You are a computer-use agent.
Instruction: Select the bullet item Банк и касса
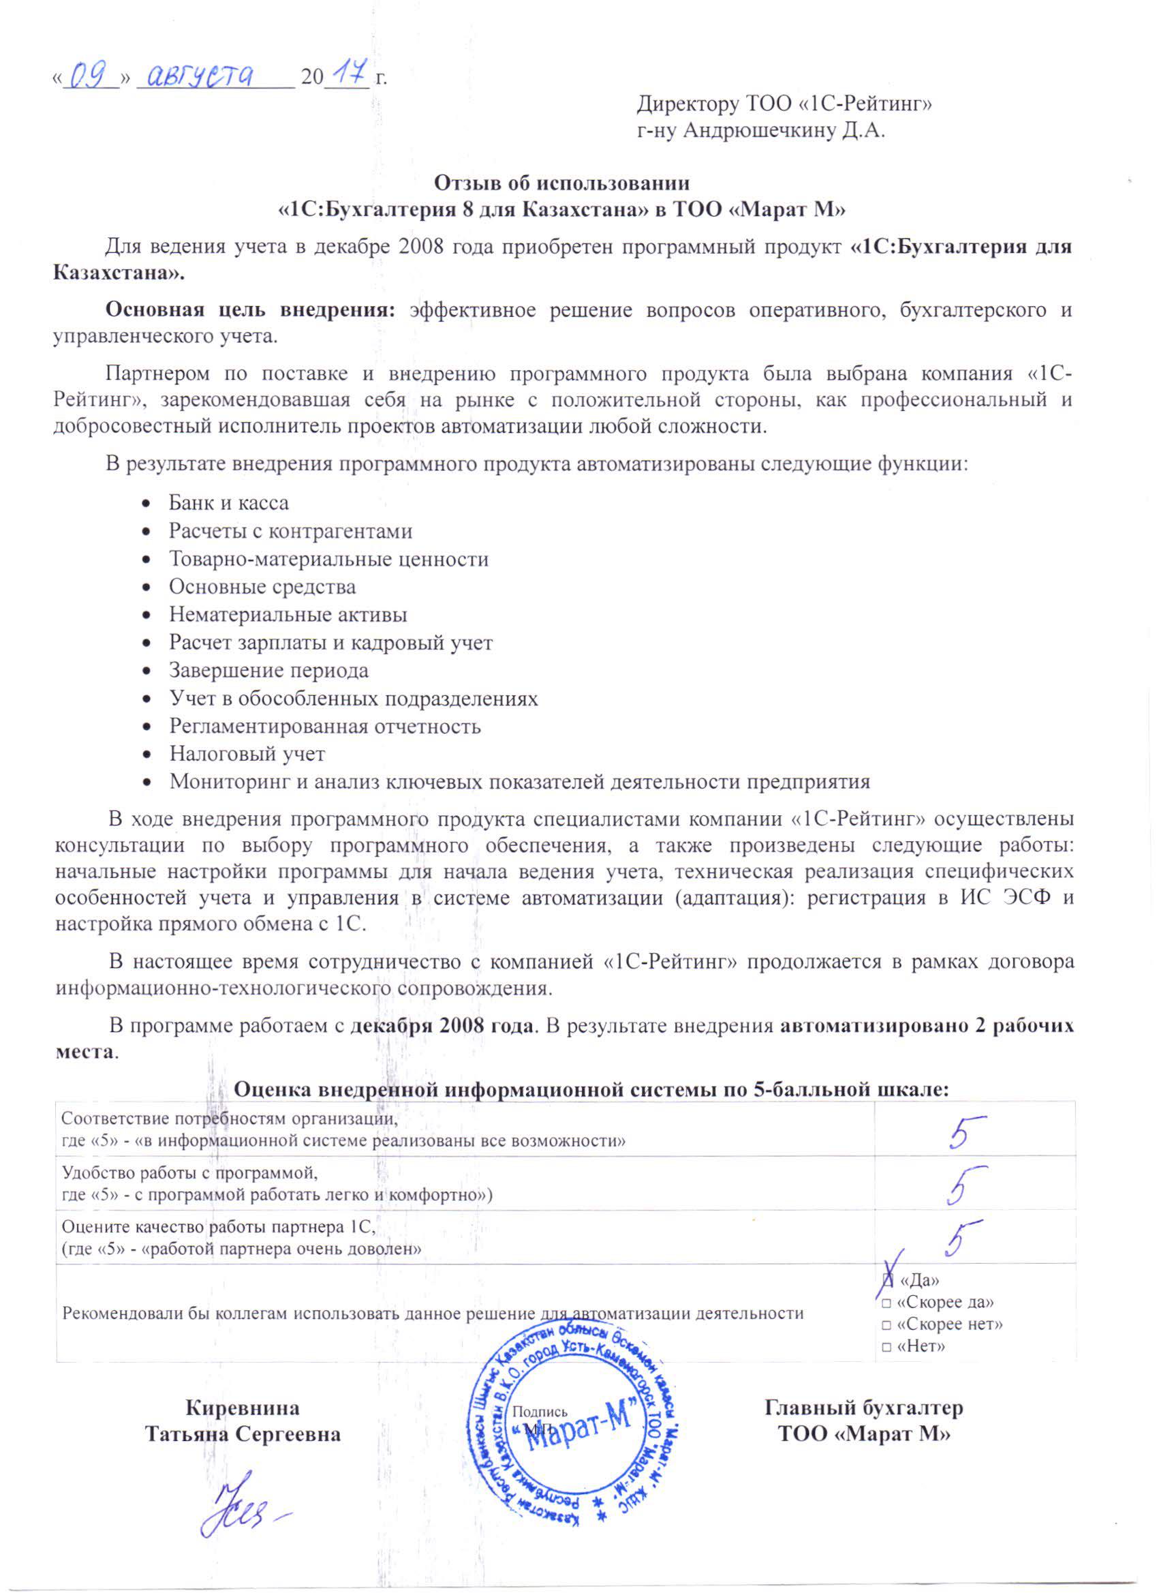point(228,504)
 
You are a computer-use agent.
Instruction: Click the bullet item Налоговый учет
point(247,754)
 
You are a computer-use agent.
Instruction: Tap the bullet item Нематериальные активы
point(288,615)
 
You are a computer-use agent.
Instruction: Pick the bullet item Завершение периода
point(268,670)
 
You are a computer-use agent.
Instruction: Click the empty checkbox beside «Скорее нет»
point(887,1325)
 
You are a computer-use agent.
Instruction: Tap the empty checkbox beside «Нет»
point(887,1348)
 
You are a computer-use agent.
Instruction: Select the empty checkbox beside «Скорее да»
point(887,1303)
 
